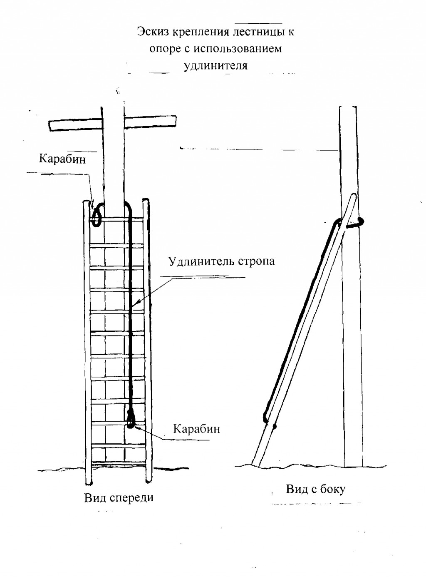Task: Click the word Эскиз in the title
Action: click(x=152, y=32)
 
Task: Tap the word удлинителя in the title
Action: click(x=216, y=65)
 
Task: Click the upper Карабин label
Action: click(x=62, y=159)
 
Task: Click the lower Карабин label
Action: click(x=197, y=429)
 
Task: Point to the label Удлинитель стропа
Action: click(x=222, y=261)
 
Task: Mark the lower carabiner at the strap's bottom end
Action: click(x=131, y=420)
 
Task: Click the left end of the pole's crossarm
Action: click(x=50, y=126)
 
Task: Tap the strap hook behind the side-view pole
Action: click(x=355, y=224)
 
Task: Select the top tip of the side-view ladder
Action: click(x=354, y=194)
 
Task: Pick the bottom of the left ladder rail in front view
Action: click(x=88, y=483)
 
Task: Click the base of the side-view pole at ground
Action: click(x=354, y=466)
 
